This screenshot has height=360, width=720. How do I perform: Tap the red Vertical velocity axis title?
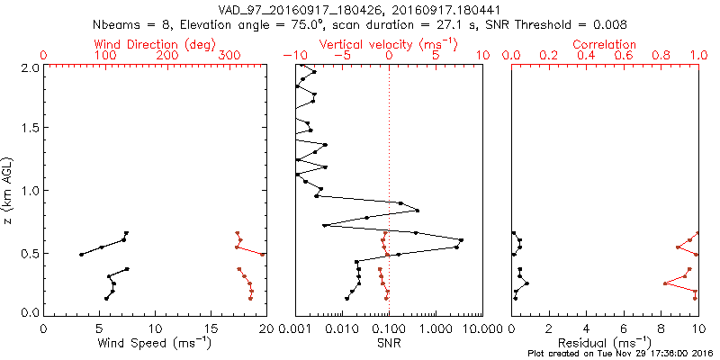click(x=388, y=44)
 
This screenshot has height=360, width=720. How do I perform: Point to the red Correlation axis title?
click(x=606, y=44)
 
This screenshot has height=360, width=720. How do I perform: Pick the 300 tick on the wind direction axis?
click(x=229, y=56)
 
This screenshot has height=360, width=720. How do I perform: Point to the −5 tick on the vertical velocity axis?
click(x=342, y=56)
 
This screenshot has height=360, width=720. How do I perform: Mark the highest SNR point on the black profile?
click(x=462, y=239)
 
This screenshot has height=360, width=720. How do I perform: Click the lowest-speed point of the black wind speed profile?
click(x=81, y=255)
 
